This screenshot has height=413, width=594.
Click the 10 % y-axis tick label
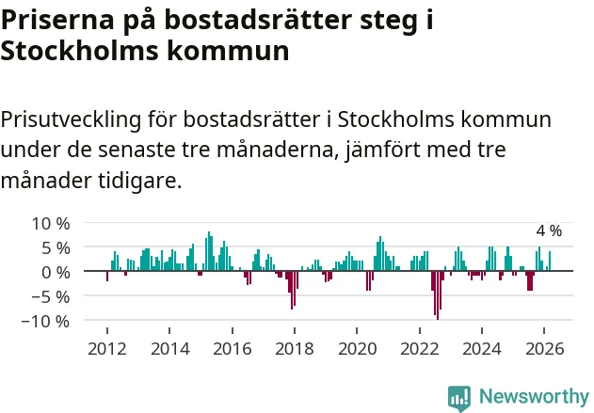click(51, 224)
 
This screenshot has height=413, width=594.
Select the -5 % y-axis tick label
click(52, 296)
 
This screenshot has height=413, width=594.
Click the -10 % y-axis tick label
click(47, 321)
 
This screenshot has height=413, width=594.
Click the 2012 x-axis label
click(106, 348)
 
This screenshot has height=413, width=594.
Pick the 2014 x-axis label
click(169, 348)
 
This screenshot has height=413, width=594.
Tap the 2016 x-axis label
click(232, 348)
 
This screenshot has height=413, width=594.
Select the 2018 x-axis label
click(295, 348)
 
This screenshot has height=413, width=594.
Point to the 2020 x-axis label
click(357, 348)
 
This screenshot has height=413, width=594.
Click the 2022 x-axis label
click(420, 348)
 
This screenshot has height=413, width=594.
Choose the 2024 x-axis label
click(482, 348)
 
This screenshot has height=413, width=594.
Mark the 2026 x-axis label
click(545, 348)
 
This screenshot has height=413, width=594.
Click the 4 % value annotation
click(549, 231)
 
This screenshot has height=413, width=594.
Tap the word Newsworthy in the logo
click(534, 396)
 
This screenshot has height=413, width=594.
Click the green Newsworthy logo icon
click(459, 397)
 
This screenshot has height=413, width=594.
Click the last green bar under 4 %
click(550, 262)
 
